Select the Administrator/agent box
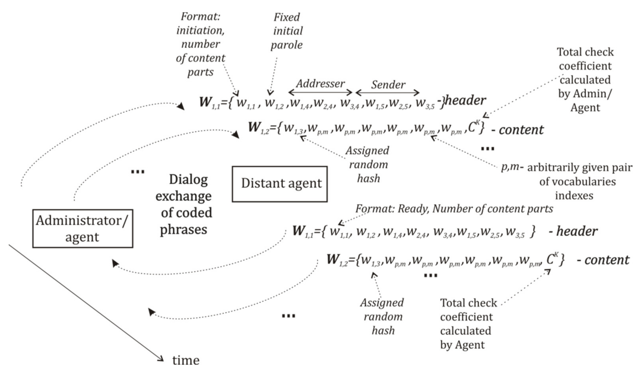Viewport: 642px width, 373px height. pyautogui.click(x=83, y=228)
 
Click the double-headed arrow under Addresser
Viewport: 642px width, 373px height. pyautogui.click(x=320, y=92)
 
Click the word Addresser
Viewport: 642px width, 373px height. pyautogui.click(x=320, y=84)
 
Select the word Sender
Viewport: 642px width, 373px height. pyautogui.click(x=388, y=85)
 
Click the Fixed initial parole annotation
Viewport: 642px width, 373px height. pyautogui.click(x=287, y=31)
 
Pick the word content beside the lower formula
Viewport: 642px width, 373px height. pyautogui.click(x=607, y=260)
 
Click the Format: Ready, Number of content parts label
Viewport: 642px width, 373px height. pyautogui.click(x=454, y=209)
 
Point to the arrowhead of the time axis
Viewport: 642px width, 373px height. pyautogui.click(x=161, y=359)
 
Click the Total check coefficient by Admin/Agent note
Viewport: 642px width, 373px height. pyautogui.click(x=585, y=80)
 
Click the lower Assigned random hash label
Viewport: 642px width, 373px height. pyautogui.click(x=382, y=317)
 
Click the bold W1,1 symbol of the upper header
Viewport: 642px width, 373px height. pyautogui.click(x=209, y=102)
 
